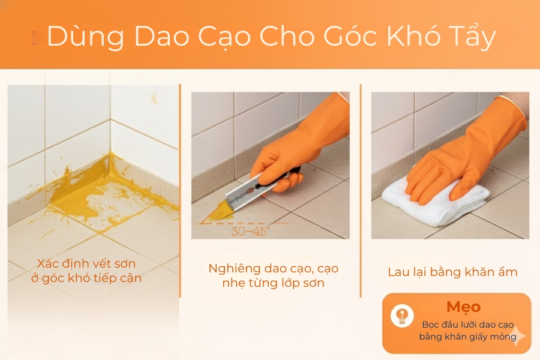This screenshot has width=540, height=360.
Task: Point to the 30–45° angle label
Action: [251, 230]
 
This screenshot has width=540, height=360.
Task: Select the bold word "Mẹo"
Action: [463, 307]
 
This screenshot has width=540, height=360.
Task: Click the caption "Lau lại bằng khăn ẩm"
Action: [452, 272]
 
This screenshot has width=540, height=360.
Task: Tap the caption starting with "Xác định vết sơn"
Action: [89, 271]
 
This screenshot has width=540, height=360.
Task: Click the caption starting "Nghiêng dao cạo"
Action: [273, 275]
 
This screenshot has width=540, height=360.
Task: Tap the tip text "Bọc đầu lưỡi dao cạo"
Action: [467, 325]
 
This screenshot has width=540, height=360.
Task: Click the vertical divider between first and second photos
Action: [180, 180]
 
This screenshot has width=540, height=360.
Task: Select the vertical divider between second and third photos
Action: [361, 180]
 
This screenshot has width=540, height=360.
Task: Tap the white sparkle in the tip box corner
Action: [517, 336]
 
